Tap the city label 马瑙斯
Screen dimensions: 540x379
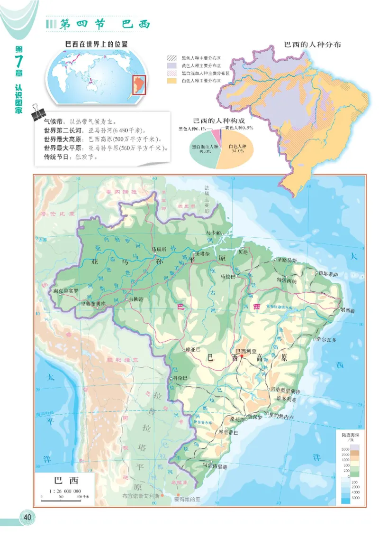point(158,248)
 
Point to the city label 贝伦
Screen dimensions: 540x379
point(243,252)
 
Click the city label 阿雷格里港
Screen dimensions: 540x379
point(216,467)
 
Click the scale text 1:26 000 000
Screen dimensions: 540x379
point(65,491)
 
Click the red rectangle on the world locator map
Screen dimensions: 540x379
point(138,84)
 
